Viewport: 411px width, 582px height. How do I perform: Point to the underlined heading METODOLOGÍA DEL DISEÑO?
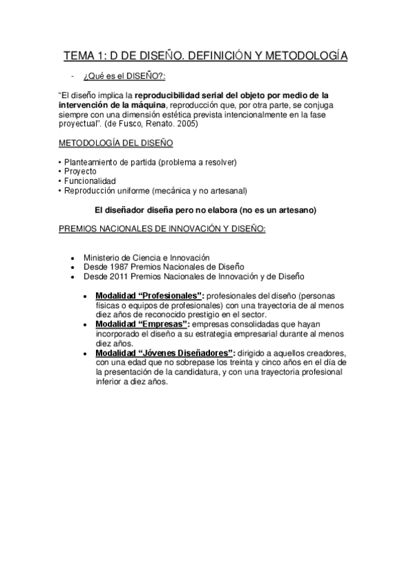pos(115,143)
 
